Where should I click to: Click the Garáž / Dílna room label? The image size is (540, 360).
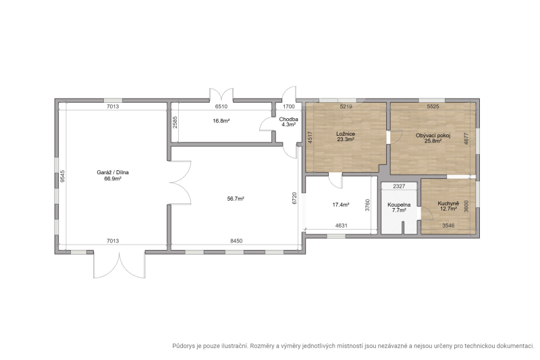click(113, 173)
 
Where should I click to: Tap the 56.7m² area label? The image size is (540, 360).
click(236, 199)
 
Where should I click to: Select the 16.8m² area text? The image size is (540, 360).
click(221, 121)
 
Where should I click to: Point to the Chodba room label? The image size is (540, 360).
click(289, 120)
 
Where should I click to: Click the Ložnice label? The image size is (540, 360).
click(346, 134)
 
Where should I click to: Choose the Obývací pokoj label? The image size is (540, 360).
click(433, 135)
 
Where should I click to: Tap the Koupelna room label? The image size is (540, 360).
click(399, 205)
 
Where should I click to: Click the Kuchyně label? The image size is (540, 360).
click(448, 203)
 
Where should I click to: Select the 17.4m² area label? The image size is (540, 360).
click(341, 205)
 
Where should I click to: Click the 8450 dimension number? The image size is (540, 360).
click(236, 241)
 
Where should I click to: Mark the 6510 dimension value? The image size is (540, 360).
click(221, 107)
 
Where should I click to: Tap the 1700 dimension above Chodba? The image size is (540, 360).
click(289, 107)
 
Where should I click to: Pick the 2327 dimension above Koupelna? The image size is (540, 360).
click(399, 186)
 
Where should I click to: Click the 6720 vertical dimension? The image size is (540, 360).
click(294, 198)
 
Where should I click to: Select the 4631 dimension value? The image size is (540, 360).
click(342, 226)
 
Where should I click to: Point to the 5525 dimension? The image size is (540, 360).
click(433, 107)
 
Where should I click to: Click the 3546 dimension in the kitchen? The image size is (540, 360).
click(448, 226)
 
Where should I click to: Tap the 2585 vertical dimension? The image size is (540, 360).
click(175, 122)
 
